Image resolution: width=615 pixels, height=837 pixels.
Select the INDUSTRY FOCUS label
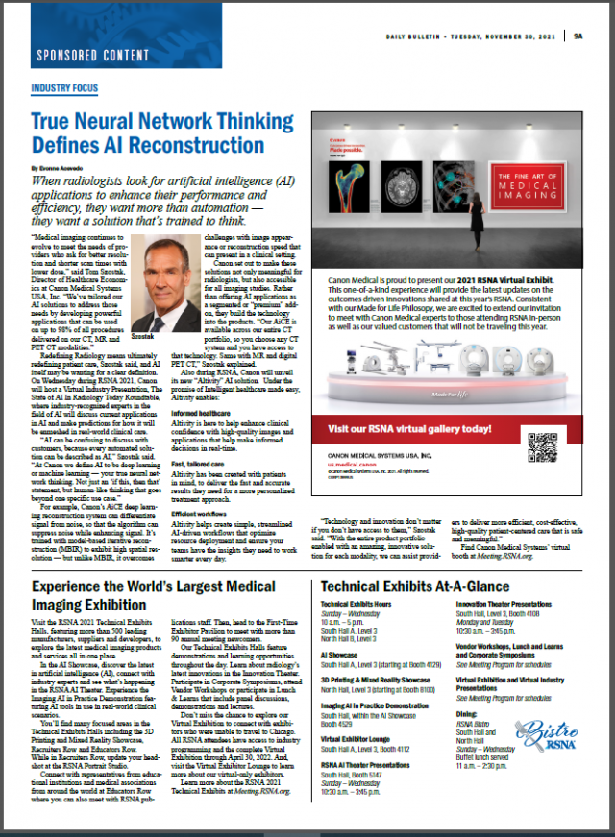[64, 87]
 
